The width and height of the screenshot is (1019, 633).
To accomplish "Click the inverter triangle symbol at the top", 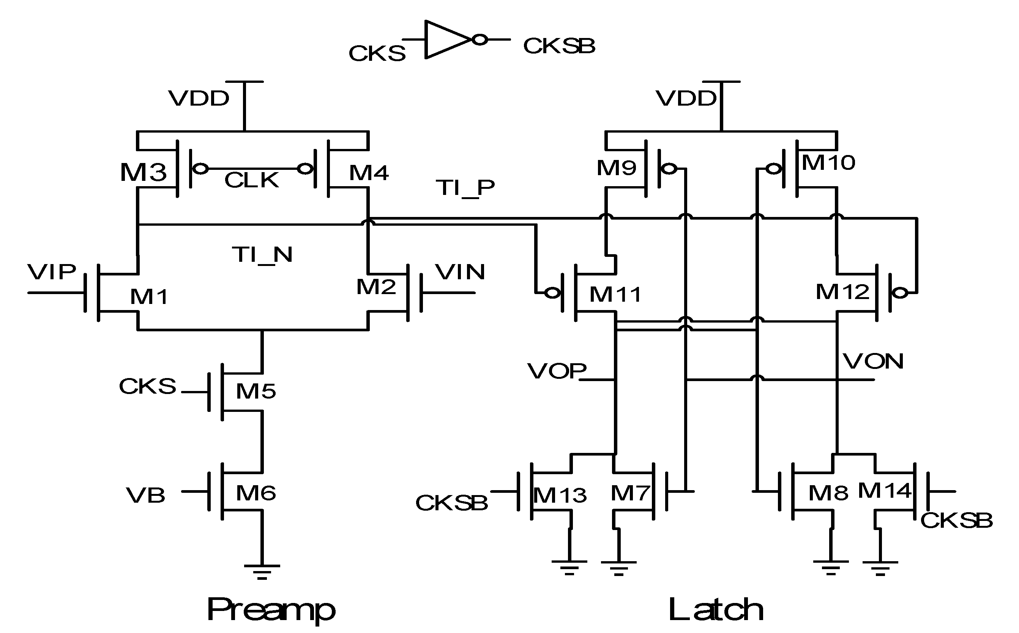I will click(x=445, y=40).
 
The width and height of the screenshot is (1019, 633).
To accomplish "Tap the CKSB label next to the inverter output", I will click(x=559, y=46).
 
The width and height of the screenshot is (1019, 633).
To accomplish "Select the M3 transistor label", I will click(x=143, y=172).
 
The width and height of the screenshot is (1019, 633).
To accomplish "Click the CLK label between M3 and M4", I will click(x=251, y=180).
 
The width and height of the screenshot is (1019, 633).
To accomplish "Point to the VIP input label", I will click(x=52, y=272).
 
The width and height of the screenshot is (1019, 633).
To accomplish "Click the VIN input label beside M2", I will click(x=460, y=272).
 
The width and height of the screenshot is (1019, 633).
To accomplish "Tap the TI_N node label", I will click(x=262, y=255).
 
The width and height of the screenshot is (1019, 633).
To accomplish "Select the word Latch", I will click(x=716, y=609).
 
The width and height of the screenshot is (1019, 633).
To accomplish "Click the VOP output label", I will click(x=556, y=371).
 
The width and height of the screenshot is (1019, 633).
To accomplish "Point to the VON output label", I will click(x=873, y=361).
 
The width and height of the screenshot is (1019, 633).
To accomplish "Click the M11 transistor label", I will click(x=615, y=294).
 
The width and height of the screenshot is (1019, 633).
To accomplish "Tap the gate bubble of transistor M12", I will click(x=901, y=293).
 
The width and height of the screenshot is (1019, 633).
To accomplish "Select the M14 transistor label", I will click(x=884, y=491).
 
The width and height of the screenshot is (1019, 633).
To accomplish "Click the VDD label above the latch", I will click(x=686, y=99).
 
